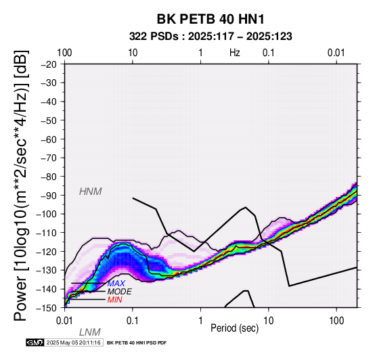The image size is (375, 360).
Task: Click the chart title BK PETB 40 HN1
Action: pyautogui.click(x=211, y=19)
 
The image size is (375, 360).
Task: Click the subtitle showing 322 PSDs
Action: pyautogui.click(x=211, y=37)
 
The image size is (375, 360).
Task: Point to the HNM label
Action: pyautogui.click(x=91, y=192)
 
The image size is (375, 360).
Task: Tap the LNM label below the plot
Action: pyautogui.click(x=89, y=332)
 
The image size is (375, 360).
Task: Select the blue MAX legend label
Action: pyautogui.click(x=116, y=284)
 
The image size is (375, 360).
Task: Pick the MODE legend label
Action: pyautogui.click(x=120, y=292)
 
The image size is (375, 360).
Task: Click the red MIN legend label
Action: pyautogui.click(x=115, y=300)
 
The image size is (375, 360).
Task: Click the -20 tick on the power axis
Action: pyautogui.click(x=49, y=64)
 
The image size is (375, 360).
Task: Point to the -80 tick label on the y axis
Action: pyautogui.click(x=49, y=177)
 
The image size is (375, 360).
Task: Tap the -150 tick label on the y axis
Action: pyautogui.click(x=46, y=308)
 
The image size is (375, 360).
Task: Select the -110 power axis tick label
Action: pyautogui.click(x=46, y=233)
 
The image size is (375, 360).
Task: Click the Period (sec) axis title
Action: pyautogui.click(x=235, y=328)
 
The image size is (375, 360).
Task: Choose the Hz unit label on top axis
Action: pyautogui.click(x=235, y=53)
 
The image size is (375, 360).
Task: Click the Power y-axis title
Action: pyautogui.click(x=21, y=185)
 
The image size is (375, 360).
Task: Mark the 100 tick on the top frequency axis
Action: pyautogui.click(x=64, y=53)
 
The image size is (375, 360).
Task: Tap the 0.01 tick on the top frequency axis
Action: pyautogui.click(x=336, y=53)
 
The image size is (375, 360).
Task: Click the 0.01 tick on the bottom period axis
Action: pyautogui.click(x=64, y=321)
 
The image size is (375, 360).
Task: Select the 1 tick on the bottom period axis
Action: pyautogui.click(x=200, y=321)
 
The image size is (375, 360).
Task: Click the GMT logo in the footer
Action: pyautogui.click(x=35, y=342)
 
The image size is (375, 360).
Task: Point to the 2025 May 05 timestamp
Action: pyautogui.click(x=73, y=342)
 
